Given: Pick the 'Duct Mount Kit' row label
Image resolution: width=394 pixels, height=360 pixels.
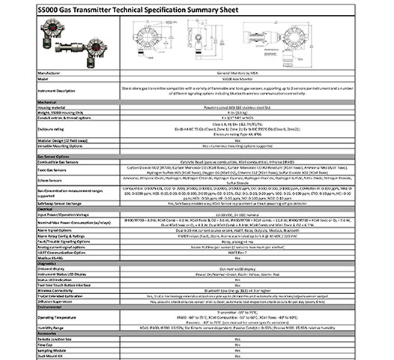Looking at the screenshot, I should [x=49, y=359].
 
